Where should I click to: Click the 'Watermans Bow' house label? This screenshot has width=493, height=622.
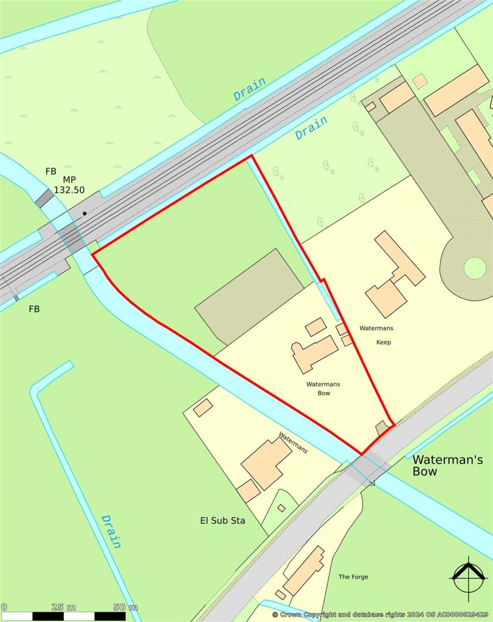[x=319, y=388]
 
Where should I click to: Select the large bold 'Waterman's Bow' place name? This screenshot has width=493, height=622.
[x=447, y=465]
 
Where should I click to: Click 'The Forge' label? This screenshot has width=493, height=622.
[x=353, y=576]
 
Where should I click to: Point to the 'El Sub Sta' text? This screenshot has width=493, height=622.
[x=222, y=520]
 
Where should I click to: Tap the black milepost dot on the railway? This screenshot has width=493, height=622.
[x=84, y=213]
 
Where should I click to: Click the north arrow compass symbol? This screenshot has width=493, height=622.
[x=468, y=578]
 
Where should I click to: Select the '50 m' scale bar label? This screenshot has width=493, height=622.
[x=125, y=607]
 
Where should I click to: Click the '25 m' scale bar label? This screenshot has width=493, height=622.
[x=63, y=607]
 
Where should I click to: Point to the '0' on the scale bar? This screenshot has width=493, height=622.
[x=4, y=607]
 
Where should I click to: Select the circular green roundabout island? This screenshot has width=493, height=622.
[x=475, y=268]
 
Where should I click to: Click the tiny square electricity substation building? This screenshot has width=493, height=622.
[x=281, y=507]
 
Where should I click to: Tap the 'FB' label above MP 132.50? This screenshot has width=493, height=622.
[x=51, y=171]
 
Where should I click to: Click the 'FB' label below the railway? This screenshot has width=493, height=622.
[x=34, y=309]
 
